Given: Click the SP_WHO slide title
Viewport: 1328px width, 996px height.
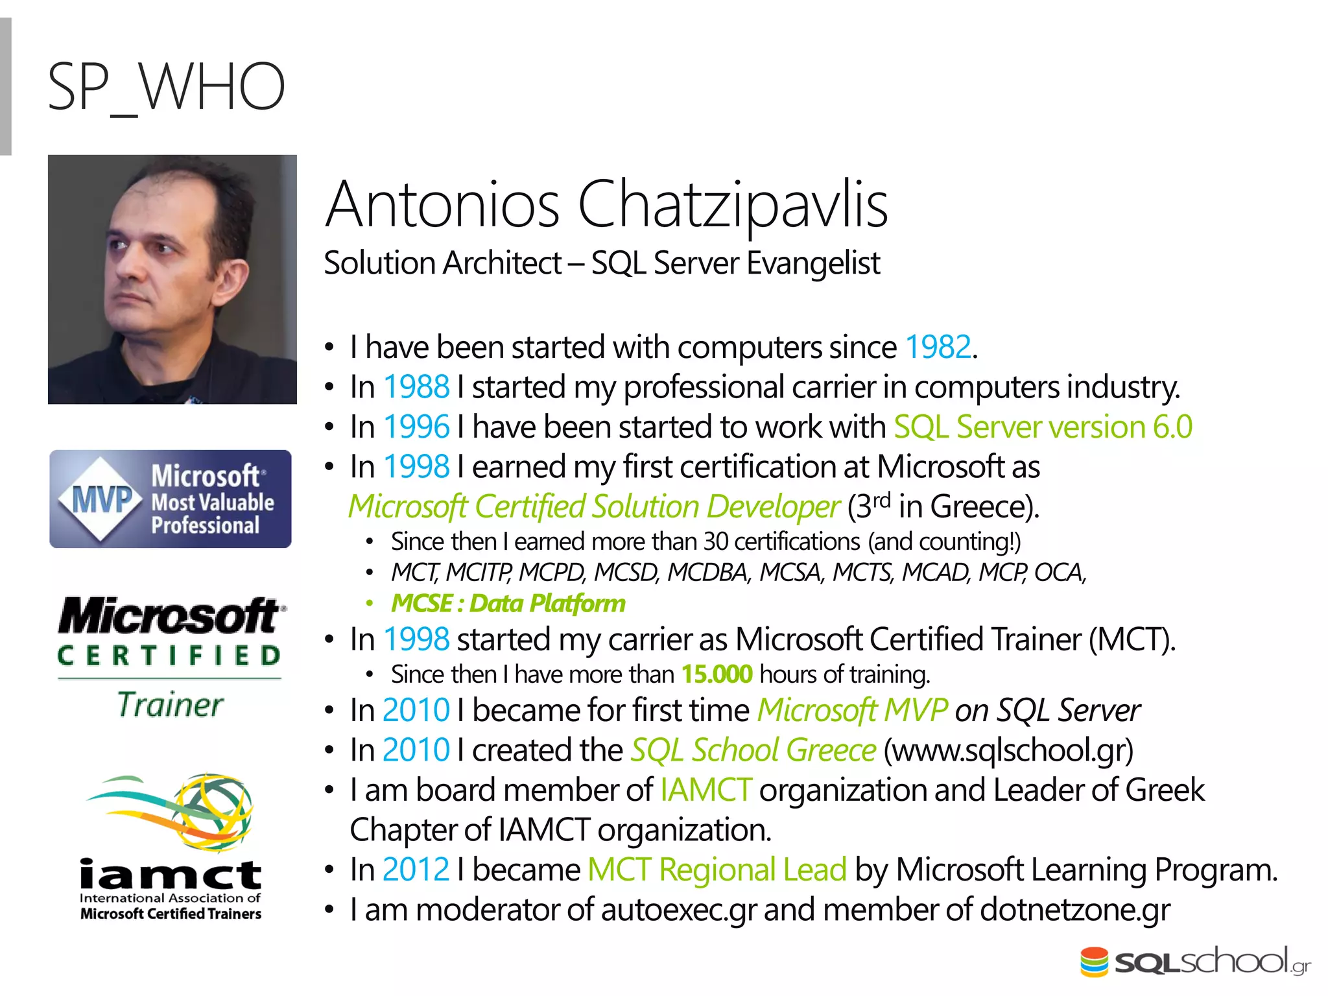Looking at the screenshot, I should [x=166, y=87].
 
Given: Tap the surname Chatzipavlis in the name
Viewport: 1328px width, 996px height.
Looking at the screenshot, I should [x=732, y=205].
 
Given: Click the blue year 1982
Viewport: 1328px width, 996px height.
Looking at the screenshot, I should [x=938, y=347].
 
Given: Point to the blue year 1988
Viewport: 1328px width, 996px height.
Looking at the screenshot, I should [x=416, y=387].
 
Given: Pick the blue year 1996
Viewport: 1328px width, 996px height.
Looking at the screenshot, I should [x=416, y=427].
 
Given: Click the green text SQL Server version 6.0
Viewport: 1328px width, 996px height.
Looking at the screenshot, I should [x=1043, y=427].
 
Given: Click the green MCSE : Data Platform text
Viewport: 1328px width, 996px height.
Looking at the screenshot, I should [x=508, y=604].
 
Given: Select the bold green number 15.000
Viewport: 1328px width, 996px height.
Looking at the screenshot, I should [x=717, y=675].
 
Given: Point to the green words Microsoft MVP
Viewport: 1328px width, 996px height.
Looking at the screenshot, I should [x=852, y=711].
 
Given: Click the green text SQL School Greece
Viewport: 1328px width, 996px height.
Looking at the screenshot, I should [x=753, y=751].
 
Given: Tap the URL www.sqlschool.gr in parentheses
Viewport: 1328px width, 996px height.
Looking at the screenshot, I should [x=1008, y=751].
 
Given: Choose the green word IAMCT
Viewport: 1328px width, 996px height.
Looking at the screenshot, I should [x=705, y=790].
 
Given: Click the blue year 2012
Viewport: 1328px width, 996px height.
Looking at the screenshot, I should [x=416, y=870].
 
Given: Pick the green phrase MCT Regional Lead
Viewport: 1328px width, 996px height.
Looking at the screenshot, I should [x=717, y=870].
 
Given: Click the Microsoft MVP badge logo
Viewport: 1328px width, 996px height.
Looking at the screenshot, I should [x=171, y=499].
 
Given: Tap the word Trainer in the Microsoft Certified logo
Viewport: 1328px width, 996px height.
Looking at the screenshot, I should [x=171, y=705].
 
